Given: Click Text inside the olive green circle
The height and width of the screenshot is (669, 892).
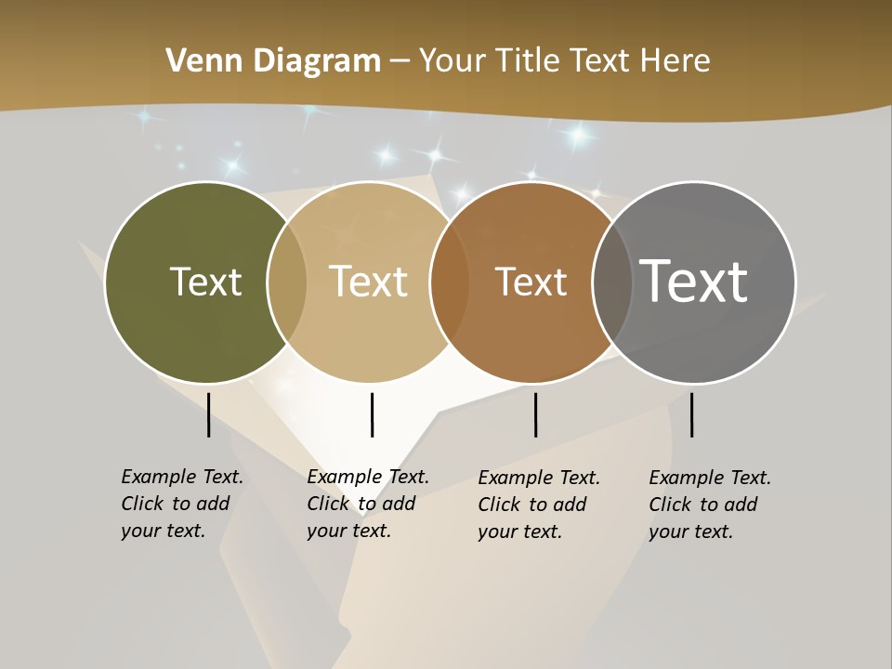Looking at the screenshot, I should tap(205, 282).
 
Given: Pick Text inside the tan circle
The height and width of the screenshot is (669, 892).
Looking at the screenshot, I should tap(368, 282).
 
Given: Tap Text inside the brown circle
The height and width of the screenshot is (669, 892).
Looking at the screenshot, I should tap(531, 282).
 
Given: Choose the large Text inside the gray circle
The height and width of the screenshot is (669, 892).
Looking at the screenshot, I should tap(693, 281).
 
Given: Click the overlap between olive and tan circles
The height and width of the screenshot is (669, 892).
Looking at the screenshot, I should tap(287, 282).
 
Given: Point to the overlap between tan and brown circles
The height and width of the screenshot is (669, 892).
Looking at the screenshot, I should tap(449, 282).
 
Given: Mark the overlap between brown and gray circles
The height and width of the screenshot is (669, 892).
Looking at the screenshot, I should tap(612, 282).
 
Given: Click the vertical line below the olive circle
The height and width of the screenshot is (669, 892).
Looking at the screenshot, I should tap(208, 414).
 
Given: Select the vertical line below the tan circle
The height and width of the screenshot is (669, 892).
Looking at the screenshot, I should tap(372, 414).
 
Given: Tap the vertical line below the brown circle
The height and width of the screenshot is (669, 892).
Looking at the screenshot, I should tap(535, 414).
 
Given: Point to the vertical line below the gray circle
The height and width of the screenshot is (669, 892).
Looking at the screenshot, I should tap(691, 414).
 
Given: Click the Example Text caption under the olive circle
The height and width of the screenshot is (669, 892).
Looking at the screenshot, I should tap(181, 504).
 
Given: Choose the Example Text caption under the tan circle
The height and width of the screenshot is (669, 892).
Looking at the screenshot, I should tap(367, 504).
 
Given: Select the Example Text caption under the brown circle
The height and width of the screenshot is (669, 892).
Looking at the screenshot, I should tap(538, 505).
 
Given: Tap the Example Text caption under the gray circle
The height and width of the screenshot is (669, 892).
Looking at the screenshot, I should tap(709, 505).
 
